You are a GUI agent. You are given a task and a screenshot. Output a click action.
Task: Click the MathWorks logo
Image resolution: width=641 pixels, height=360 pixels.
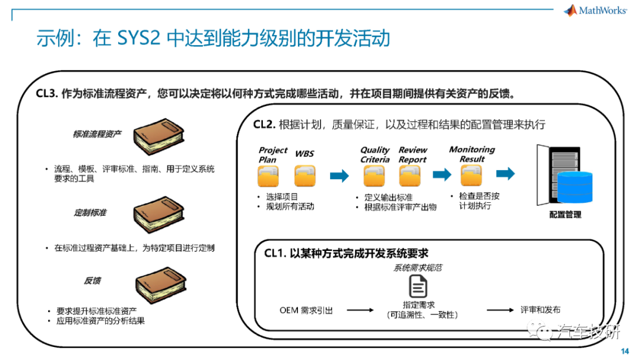(595, 10)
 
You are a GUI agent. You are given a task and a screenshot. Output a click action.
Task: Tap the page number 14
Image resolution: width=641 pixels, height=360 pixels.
(624, 351)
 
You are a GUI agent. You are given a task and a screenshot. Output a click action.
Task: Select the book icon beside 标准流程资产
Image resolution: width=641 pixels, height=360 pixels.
(159, 136)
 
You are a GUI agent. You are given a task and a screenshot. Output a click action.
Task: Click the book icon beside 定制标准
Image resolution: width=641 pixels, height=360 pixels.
(159, 214)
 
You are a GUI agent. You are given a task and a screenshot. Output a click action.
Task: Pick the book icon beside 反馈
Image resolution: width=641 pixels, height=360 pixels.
(161, 285)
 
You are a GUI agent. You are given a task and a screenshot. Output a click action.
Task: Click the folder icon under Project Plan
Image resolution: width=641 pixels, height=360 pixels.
(268, 176)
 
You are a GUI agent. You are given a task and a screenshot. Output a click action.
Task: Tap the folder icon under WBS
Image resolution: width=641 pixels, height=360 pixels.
(305, 176)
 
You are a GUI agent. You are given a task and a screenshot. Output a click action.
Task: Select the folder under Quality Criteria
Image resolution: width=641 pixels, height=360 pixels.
(374, 176)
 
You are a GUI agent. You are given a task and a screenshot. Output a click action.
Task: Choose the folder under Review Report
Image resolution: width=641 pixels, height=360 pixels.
(410, 176)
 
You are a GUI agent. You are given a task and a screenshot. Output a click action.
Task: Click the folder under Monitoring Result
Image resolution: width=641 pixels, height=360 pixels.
(471, 176)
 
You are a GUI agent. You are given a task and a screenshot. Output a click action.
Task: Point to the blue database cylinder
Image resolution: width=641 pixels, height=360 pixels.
(575, 187)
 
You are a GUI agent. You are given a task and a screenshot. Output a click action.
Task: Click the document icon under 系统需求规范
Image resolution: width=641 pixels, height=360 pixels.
(418, 286)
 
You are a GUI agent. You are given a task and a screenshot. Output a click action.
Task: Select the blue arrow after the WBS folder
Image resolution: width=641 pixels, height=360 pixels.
(339, 176)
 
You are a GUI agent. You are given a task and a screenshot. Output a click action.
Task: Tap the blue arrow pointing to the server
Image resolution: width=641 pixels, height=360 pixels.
(505, 173)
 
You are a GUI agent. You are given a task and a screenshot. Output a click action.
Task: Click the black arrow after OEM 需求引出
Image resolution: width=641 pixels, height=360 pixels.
(360, 310)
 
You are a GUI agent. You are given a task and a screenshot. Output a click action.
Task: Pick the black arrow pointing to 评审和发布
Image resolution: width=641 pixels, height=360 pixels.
(500, 310)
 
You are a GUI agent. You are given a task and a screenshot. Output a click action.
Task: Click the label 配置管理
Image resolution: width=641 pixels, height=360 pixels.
(566, 215)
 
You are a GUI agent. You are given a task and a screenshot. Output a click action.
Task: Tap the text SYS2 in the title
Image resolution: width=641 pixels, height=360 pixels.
(138, 39)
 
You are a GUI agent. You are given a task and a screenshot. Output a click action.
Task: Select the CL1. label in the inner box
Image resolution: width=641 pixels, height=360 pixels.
(275, 253)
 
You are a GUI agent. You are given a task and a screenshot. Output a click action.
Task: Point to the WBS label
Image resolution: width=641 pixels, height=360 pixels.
(304, 154)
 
